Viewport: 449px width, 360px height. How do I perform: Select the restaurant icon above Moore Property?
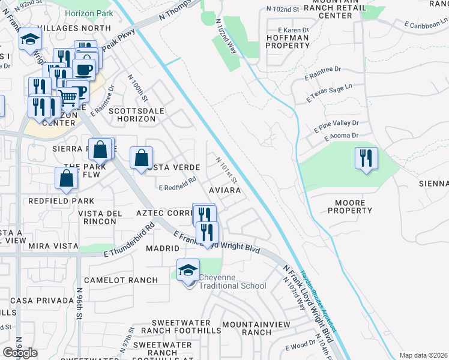366,159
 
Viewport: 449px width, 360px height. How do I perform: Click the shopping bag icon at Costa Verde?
141,159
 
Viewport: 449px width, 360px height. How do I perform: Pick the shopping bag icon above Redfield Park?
66,178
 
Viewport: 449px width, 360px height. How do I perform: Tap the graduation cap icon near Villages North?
29,41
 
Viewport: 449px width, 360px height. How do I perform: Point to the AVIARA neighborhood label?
224,190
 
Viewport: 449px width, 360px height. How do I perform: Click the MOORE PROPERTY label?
350,206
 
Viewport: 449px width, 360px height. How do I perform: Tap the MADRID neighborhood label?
162,248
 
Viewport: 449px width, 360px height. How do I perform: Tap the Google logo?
20,353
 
